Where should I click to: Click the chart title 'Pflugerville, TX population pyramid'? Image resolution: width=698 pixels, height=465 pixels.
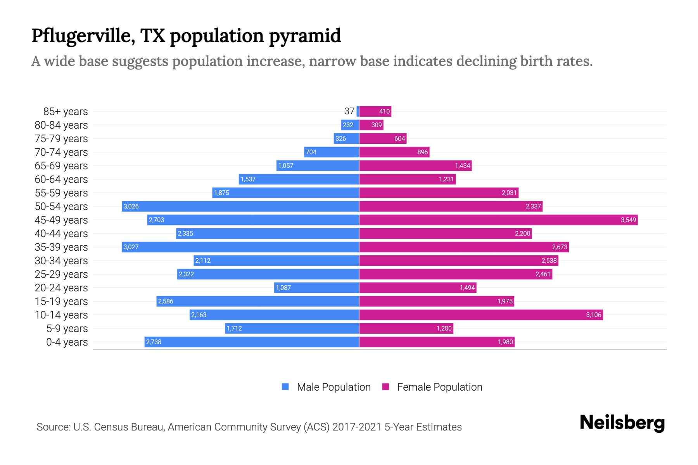[186, 36]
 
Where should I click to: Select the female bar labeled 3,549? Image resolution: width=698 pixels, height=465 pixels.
[498, 220]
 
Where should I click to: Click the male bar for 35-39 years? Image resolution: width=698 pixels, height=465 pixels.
[240, 247]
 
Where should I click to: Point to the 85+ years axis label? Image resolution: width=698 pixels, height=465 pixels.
[65, 112]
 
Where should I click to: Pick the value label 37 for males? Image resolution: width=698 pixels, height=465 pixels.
[349, 111]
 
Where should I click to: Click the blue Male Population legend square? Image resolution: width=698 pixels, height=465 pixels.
[285, 387]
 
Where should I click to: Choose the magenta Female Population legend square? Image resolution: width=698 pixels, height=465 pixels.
[385, 387]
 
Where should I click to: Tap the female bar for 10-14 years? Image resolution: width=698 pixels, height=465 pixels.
[481, 315]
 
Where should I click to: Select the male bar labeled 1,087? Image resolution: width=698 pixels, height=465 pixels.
[316, 288]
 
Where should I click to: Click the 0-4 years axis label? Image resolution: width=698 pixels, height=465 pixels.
[67, 342]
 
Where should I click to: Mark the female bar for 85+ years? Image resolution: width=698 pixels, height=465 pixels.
[375, 111]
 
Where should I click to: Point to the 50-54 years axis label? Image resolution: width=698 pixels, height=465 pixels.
[61, 207]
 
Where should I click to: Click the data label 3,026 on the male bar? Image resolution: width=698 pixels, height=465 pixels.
[131, 206]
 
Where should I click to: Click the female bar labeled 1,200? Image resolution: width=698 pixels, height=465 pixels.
[406, 328]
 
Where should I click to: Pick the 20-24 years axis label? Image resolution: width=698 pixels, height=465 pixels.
[61, 288]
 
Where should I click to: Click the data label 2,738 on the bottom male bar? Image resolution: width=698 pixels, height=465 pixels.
[154, 342]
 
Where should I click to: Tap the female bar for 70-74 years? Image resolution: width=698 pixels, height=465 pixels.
[394, 152]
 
